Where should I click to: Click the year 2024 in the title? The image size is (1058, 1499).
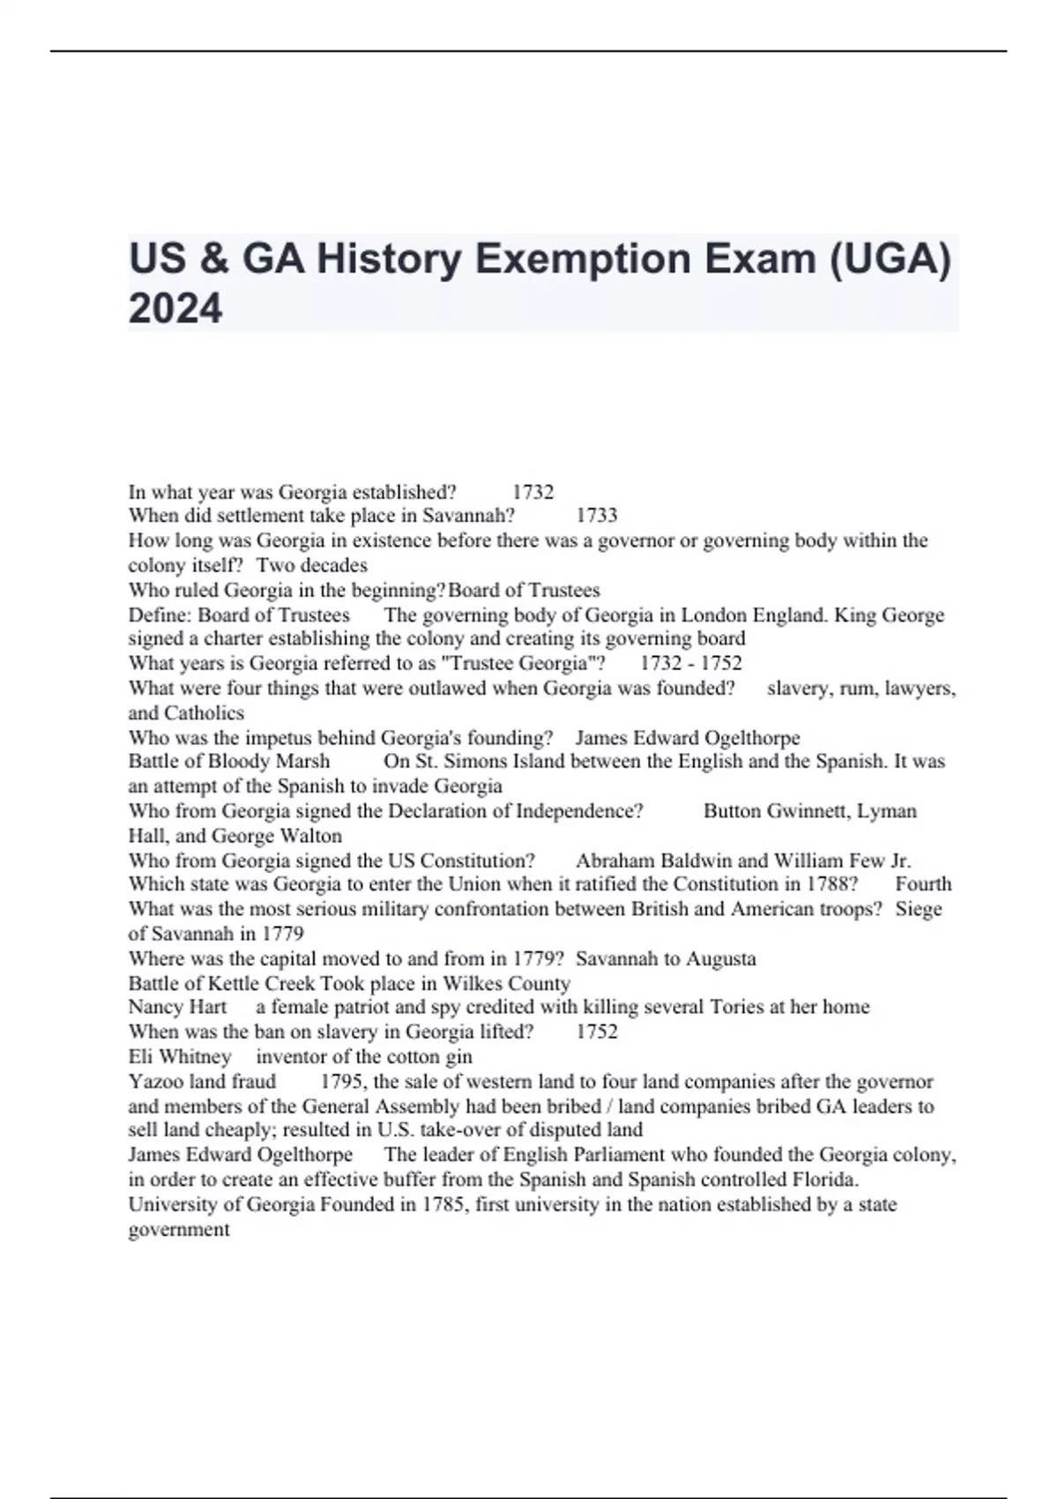[x=175, y=309]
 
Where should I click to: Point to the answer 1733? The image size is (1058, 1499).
[x=597, y=516]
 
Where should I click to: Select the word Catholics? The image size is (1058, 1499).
[x=204, y=712]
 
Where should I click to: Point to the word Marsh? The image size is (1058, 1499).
[x=302, y=761]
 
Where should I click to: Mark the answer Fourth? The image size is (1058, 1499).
[x=923, y=884]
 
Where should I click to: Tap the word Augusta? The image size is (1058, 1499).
[x=720, y=958]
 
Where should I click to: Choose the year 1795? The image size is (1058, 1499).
[x=342, y=1081]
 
